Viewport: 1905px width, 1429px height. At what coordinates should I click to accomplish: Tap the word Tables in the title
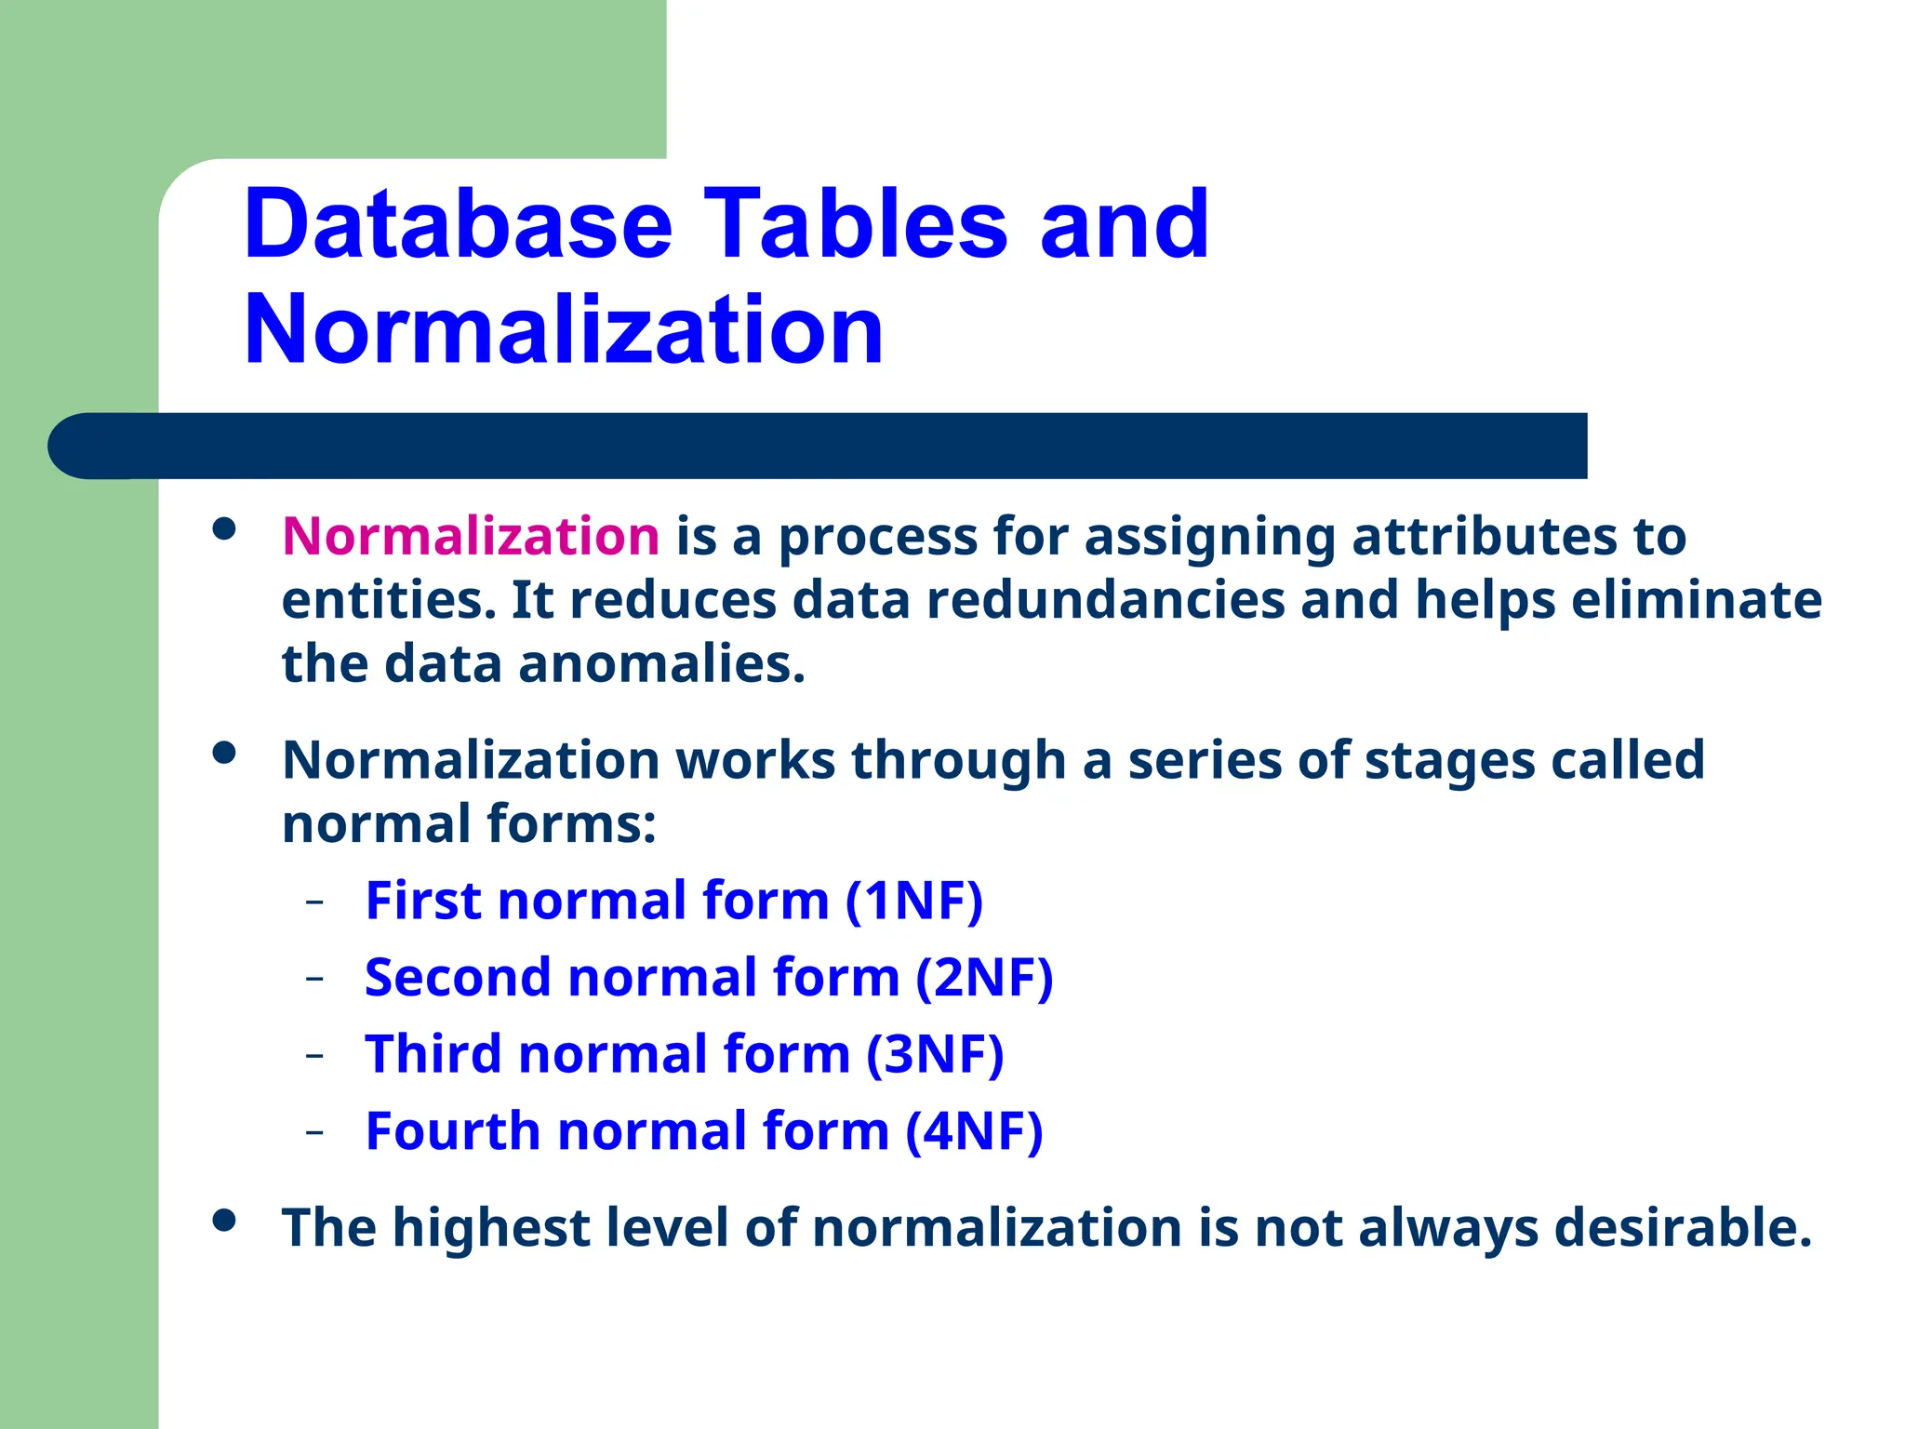856,224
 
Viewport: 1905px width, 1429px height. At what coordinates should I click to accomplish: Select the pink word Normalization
471,537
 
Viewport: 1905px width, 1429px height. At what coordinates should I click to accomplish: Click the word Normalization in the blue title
563,329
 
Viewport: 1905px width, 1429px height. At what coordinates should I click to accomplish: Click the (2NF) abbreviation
983,978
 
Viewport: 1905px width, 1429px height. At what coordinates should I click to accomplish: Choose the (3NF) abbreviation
935,1054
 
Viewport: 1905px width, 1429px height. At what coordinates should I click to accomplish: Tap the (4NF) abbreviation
974,1131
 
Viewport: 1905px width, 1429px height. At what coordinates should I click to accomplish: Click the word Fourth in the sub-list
453,1131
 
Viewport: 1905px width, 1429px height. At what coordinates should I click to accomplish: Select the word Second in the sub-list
458,978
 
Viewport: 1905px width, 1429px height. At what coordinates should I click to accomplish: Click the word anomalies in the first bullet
660,664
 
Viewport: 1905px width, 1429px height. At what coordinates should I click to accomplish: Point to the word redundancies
1105,600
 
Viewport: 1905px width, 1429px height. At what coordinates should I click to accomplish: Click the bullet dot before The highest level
223,1220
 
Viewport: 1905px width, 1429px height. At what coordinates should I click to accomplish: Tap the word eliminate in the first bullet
1696,600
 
